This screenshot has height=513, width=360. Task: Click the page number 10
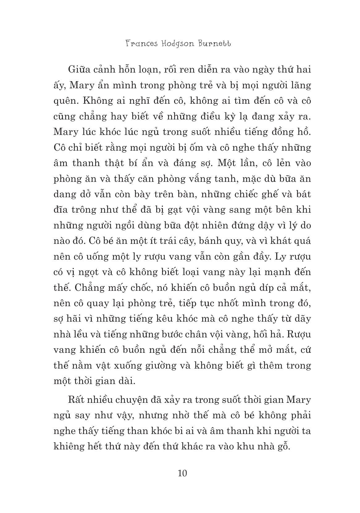pyautogui.click(x=182, y=473)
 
